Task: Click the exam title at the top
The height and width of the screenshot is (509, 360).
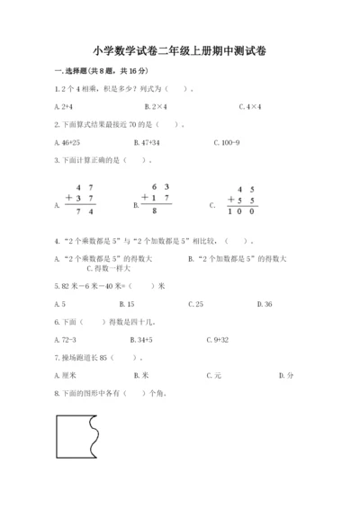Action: (180, 51)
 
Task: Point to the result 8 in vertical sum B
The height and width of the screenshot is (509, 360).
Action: (156, 211)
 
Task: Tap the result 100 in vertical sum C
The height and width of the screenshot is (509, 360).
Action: (241, 211)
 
